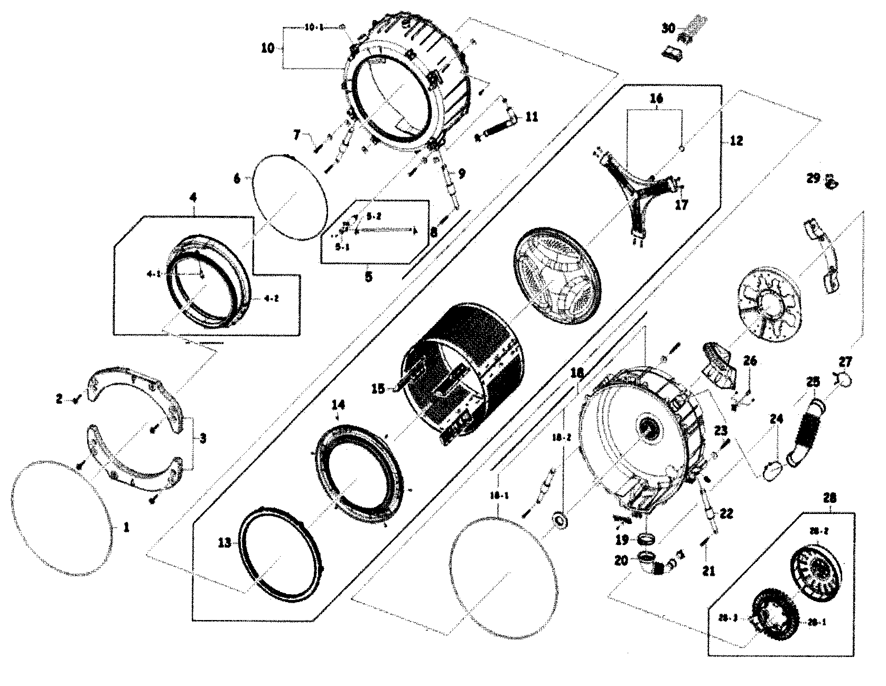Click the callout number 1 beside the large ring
[126, 527]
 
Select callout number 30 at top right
[668, 28]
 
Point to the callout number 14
[338, 405]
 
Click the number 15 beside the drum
[378, 389]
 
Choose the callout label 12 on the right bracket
[736, 140]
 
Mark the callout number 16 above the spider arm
[656, 99]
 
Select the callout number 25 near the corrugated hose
[812, 382]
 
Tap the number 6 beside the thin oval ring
[237, 179]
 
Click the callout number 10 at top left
[268, 49]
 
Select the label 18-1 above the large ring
[498, 496]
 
